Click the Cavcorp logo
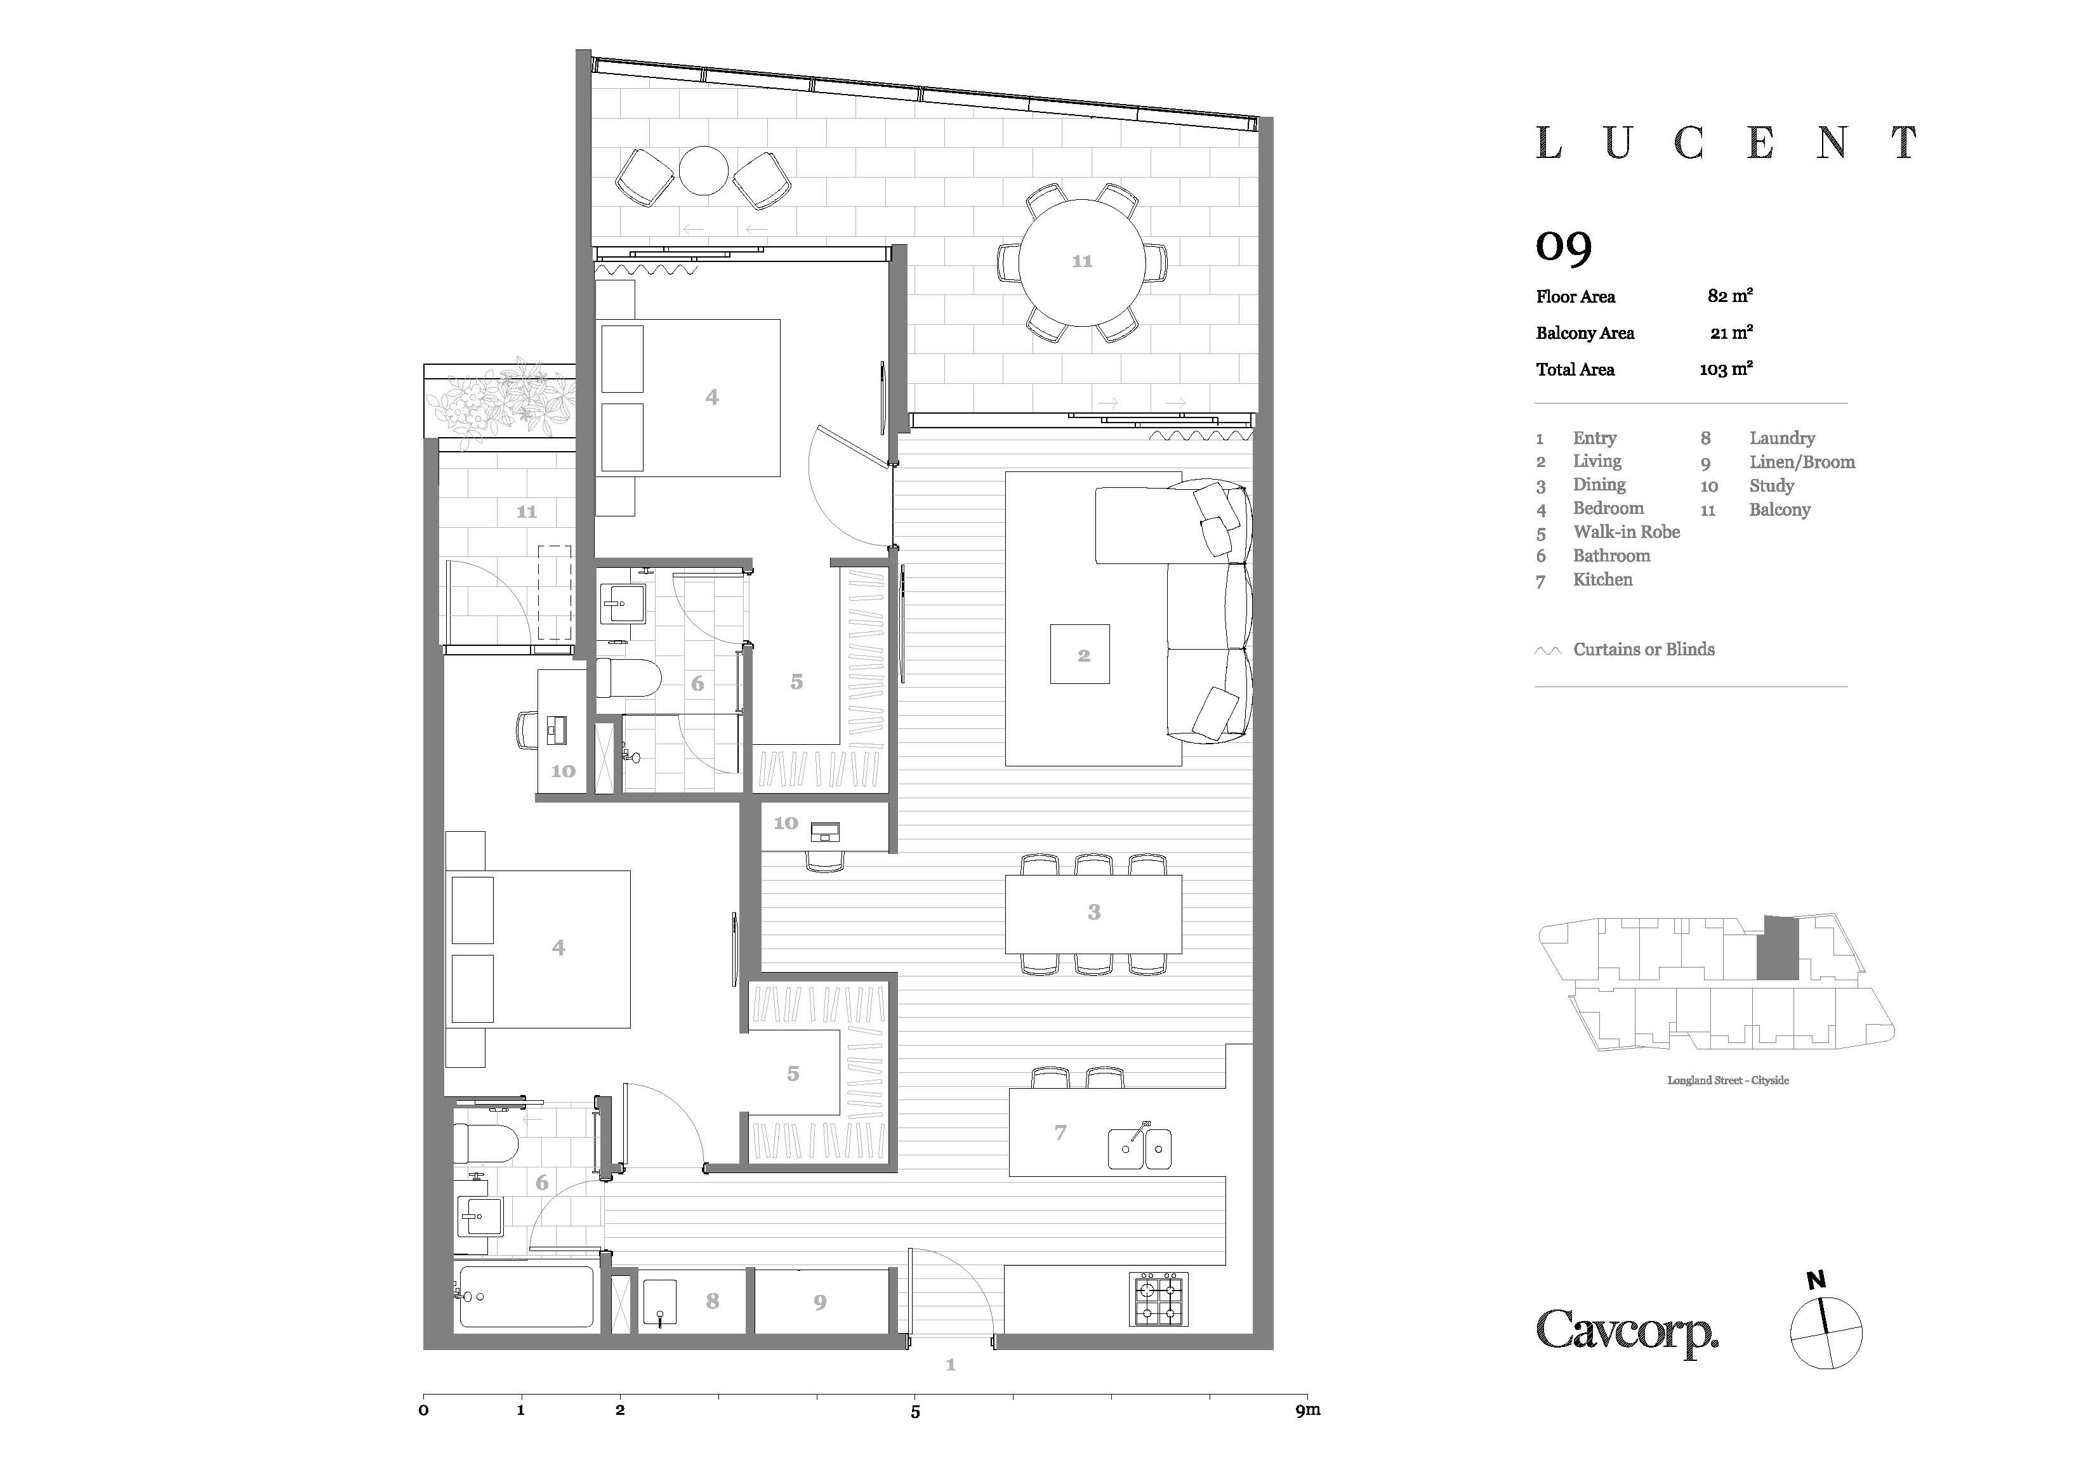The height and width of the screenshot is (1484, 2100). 1627,1332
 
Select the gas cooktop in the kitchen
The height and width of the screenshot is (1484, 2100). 1159,1298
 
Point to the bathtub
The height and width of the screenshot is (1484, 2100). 526,1296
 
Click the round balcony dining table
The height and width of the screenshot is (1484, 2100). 1082,263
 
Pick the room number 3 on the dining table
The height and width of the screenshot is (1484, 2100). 1094,912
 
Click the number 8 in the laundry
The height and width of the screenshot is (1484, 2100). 713,1300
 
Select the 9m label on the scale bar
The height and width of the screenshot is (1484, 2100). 1308,1410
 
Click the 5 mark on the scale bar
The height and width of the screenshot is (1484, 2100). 915,1412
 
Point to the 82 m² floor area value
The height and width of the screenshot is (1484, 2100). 1729,295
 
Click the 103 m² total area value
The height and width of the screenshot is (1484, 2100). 1726,369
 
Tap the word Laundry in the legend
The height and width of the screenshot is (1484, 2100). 1781,438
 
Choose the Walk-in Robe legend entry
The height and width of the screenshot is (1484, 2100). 1626,532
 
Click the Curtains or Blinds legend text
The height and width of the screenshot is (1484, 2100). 1644,649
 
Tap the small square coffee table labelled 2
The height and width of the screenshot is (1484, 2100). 1080,653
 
